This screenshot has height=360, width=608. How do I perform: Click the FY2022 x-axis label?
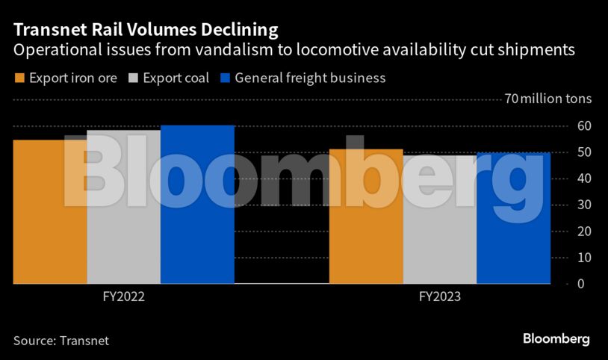(123, 297)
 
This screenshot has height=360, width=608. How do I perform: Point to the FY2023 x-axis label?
(440, 297)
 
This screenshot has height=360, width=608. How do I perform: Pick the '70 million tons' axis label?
(547, 99)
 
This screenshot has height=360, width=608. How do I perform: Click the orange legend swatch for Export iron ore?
(19, 78)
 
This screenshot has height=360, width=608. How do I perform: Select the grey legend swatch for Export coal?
(134, 78)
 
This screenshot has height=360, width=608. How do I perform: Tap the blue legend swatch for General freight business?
(225, 78)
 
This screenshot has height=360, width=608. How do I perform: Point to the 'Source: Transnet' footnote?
(61, 341)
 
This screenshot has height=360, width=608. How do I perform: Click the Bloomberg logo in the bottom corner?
(556, 339)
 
